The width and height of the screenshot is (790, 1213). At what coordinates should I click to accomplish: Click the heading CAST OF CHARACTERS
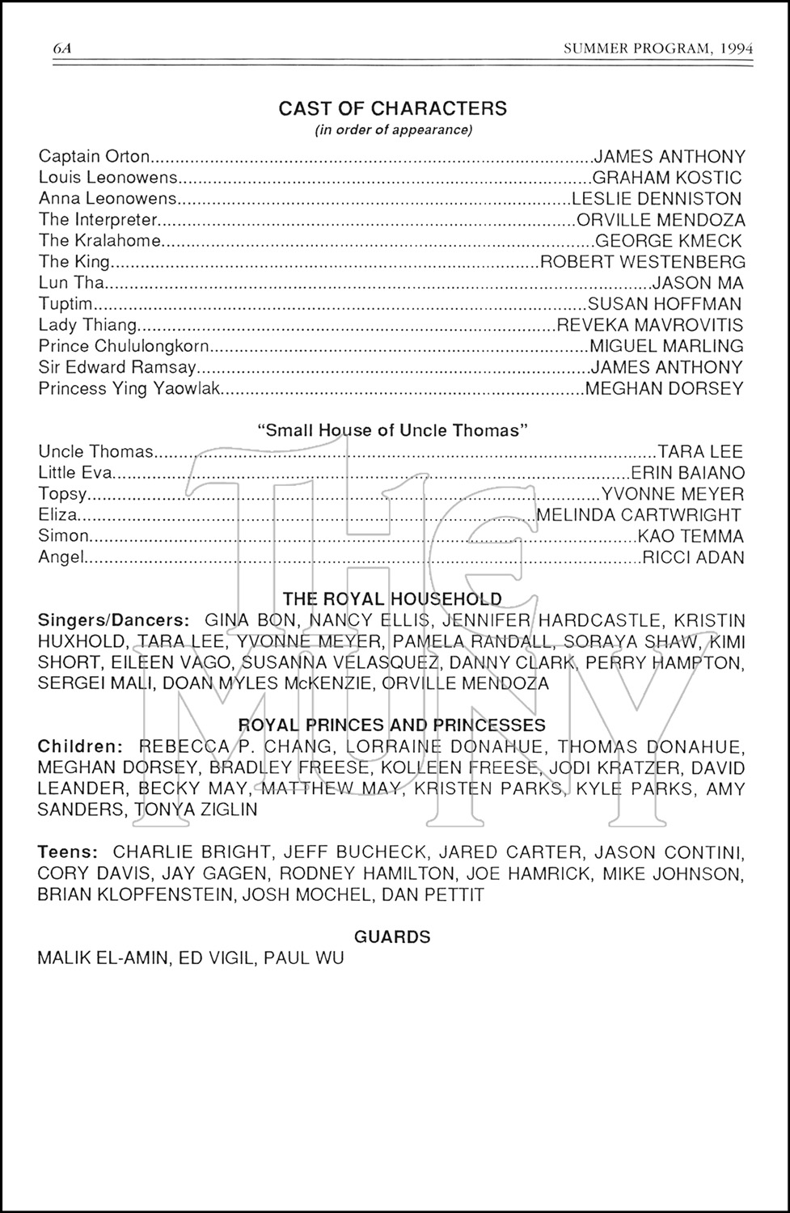[392, 108]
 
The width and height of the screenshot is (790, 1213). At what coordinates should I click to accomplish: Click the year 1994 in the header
[734, 49]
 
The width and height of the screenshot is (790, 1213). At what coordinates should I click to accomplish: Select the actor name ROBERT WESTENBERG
[642, 262]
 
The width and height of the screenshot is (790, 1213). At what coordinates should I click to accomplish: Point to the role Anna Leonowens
[108, 199]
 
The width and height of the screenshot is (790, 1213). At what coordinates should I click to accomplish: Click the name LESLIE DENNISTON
[657, 199]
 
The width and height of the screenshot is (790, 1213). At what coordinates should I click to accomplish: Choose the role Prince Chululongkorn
[125, 346]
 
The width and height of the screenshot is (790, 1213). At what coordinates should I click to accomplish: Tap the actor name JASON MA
[698, 283]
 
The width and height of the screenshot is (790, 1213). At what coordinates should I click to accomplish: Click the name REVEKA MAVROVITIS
[650, 325]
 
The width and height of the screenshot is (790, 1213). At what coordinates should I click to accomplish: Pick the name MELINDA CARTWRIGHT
[639, 515]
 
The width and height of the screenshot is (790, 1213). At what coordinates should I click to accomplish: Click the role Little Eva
[75, 472]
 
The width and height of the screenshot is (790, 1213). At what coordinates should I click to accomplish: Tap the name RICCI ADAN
[693, 557]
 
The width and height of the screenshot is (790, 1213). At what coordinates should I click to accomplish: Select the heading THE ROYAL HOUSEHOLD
[392, 599]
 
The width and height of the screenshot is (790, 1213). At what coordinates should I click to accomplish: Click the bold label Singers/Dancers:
[114, 620]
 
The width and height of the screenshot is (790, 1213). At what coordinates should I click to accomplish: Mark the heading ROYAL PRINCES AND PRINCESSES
[392, 725]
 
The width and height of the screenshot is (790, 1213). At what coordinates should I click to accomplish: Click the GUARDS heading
[392, 936]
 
